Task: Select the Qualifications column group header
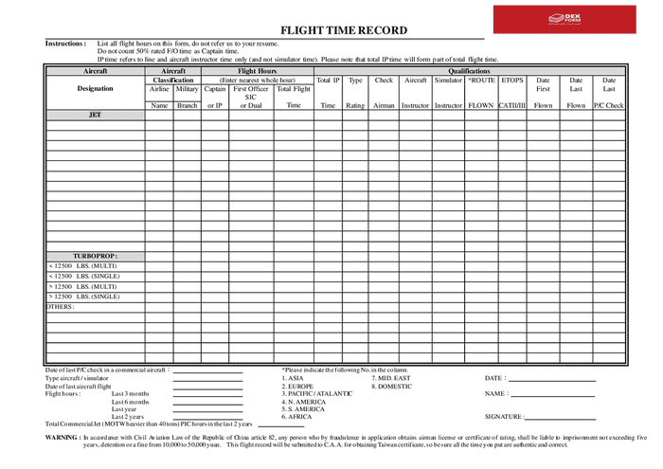469,71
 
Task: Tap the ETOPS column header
511,81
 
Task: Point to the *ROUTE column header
480,81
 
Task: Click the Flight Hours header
257,71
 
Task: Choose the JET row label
95,115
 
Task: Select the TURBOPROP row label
95,256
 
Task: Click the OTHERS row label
61,307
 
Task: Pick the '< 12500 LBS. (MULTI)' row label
82,266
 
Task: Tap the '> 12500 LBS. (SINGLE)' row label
83,297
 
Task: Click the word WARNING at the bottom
63,438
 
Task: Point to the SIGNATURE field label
503,417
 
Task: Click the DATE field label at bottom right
494,378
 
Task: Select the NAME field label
495,393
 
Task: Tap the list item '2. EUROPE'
298,387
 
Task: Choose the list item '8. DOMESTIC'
391,387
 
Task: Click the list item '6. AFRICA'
297,417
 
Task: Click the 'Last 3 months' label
130,393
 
